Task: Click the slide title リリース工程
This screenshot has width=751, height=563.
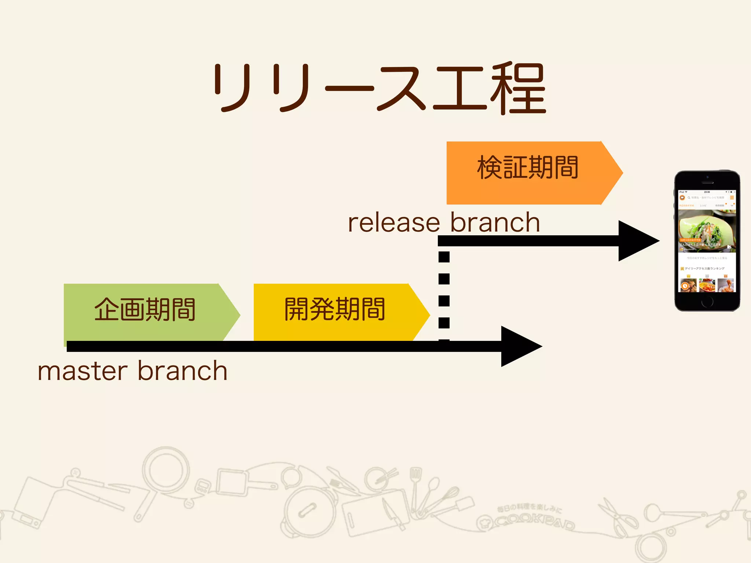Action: tap(380, 88)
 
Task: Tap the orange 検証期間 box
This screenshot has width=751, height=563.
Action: tap(528, 172)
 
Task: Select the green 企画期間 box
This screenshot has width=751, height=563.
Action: tap(145, 312)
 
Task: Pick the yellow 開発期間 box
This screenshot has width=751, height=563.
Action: tap(334, 312)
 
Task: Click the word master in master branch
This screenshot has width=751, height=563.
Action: tap(83, 371)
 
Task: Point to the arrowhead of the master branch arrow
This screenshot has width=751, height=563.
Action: tap(521, 346)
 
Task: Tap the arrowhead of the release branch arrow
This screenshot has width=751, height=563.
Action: tap(638, 241)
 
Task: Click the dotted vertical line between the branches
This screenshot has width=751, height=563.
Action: tap(444, 290)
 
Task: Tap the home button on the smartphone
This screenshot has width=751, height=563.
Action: tap(707, 302)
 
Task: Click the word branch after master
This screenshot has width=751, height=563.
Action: tap(182, 371)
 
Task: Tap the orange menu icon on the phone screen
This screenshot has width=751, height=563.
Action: tap(732, 198)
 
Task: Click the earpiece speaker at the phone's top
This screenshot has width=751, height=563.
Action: tap(707, 183)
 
